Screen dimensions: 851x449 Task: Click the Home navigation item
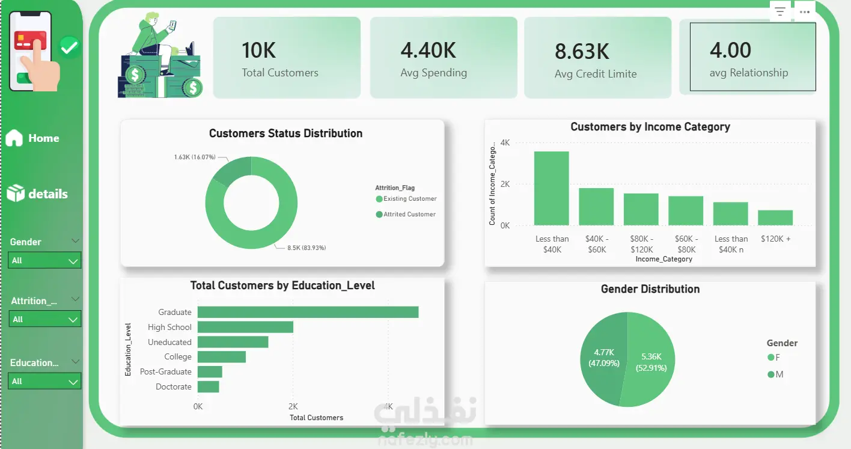(x=32, y=138)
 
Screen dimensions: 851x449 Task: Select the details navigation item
(x=37, y=194)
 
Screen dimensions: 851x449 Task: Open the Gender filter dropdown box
(x=45, y=261)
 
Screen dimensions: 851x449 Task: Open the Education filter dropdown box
(x=45, y=381)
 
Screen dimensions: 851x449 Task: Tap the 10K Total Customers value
(x=258, y=50)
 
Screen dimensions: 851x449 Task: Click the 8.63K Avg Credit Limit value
(x=582, y=51)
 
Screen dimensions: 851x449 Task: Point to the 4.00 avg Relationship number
(x=730, y=50)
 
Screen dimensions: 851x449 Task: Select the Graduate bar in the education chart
(x=308, y=312)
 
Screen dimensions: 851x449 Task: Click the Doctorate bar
(x=208, y=386)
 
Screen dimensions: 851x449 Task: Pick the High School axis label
(x=169, y=327)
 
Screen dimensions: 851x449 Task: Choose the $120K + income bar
(x=775, y=218)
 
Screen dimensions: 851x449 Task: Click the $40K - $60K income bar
(x=596, y=207)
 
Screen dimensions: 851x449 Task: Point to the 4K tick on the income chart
(x=505, y=143)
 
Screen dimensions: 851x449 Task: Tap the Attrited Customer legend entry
(x=405, y=214)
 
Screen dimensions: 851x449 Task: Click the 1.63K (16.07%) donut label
(x=195, y=157)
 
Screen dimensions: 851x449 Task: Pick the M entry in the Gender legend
(x=775, y=374)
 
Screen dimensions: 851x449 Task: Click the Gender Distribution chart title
(x=650, y=289)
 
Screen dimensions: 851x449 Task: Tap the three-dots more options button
(x=804, y=12)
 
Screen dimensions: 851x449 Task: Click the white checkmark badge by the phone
(x=70, y=47)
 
